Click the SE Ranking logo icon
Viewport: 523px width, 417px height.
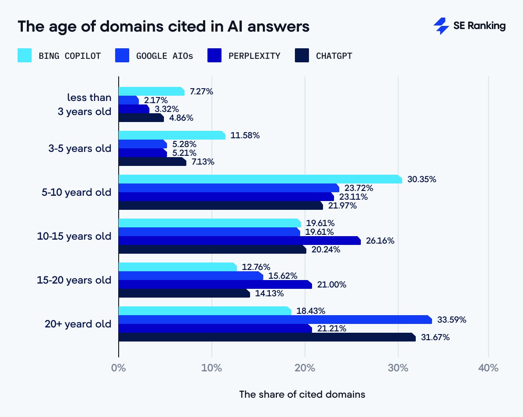click(441, 26)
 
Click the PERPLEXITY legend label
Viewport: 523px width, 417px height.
click(254, 56)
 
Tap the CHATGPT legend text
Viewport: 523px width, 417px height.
click(334, 56)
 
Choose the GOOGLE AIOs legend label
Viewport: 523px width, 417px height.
click(164, 56)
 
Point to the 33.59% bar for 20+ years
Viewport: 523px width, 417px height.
click(275, 320)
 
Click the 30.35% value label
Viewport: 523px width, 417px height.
click(421, 179)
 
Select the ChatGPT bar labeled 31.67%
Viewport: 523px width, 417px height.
click(267, 337)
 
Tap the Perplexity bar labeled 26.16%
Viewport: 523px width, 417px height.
click(240, 241)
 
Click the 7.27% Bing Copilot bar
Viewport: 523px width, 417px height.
click(152, 91)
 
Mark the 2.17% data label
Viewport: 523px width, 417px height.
click(156, 100)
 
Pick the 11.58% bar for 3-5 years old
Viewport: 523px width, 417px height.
click(172, 135)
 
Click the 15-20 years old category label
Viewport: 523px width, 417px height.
click(74, 280)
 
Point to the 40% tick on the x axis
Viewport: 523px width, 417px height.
click(488, 368)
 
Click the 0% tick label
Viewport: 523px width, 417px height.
click(119, 368)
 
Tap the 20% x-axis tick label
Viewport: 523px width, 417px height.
click(305, 368)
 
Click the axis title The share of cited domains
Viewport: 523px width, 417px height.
click(302, 394)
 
